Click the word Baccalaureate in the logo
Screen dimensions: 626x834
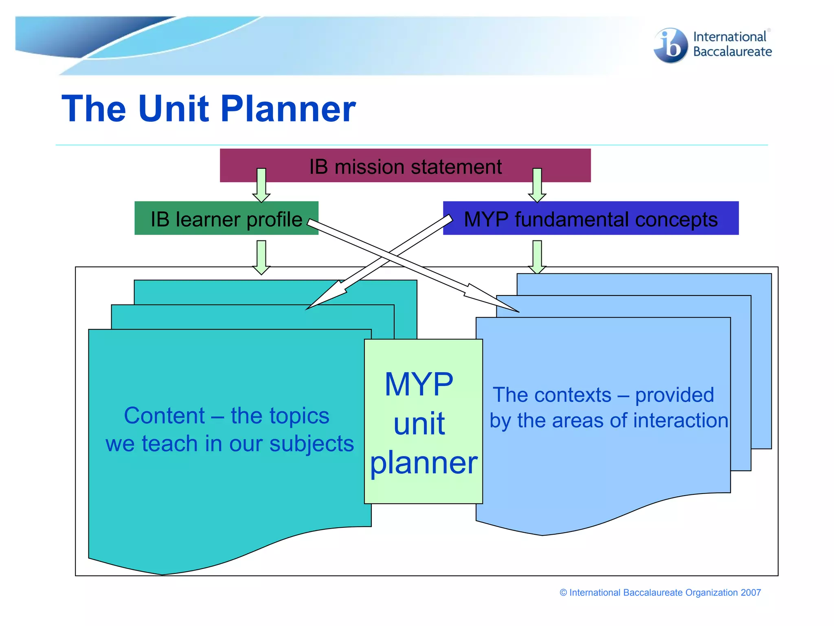pos(732,52)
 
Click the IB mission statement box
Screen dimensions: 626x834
pos(405,166)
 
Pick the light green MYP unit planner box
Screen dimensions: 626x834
pos(423,422)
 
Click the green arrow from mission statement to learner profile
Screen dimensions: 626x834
pos(261,185)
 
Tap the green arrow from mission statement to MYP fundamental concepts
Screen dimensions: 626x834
pos(537,185)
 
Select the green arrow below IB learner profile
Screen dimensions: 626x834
pos(261,257)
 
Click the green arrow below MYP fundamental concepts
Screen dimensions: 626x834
pos(537,257)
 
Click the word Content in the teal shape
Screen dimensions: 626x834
pos(164,416)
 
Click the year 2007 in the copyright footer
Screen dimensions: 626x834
pos(751,593)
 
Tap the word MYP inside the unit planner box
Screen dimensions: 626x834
pos(419,384)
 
